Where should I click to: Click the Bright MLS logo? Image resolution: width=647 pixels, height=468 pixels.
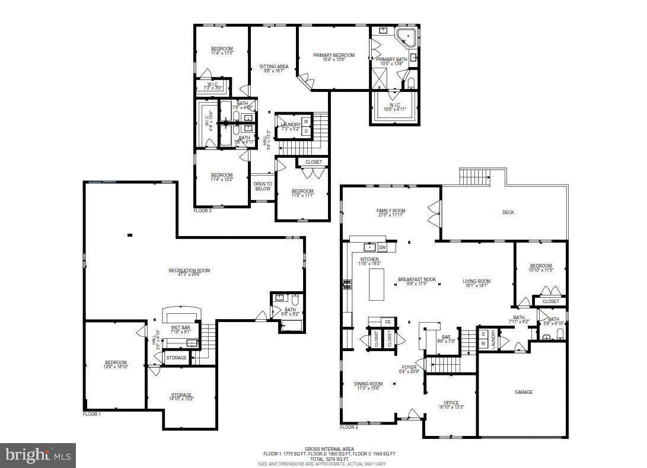[x=38, y=456]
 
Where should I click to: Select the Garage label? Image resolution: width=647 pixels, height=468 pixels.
[x=523, y=392]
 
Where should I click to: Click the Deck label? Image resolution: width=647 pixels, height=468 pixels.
[x=508, y=212]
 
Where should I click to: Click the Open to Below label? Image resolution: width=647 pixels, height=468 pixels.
[x=263, y=186]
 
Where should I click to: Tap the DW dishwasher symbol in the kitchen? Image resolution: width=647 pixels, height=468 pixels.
[x=383, y=247]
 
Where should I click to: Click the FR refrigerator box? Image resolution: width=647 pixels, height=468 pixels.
[x=388, y=322]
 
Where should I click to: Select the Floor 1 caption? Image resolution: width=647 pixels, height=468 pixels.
[x=91, y=414]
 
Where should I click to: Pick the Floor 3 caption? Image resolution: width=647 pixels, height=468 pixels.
[x=202, y=211]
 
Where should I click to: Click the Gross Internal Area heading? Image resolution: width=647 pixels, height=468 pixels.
[x=329, y=449]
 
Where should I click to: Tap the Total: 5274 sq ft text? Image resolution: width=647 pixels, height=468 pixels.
[x=329, y=459]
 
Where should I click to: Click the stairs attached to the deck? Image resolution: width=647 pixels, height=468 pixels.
[x=476, y=177]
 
